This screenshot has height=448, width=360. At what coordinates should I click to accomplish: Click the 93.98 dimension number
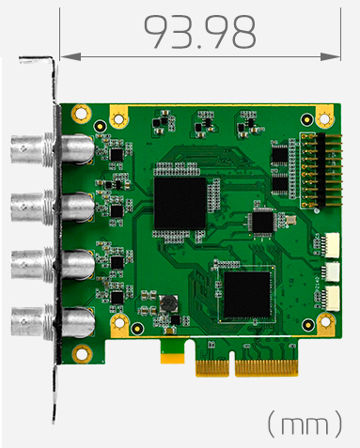[199, 32]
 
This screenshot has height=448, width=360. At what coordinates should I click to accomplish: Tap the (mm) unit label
[305, 424]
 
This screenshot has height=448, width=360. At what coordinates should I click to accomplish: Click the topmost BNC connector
[53, 149]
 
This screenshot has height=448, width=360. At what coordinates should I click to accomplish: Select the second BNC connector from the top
[53, 207]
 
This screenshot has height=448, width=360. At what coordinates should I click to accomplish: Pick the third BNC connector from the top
[53, 264]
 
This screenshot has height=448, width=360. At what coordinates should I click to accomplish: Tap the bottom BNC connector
[53, 322]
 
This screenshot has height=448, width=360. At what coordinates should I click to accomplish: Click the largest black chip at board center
[180, 204]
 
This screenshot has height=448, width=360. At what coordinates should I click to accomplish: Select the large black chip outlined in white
[247, 295]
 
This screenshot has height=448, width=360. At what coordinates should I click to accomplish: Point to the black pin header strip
[321, 170]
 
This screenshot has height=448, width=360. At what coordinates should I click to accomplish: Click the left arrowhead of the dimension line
[70, 56]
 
